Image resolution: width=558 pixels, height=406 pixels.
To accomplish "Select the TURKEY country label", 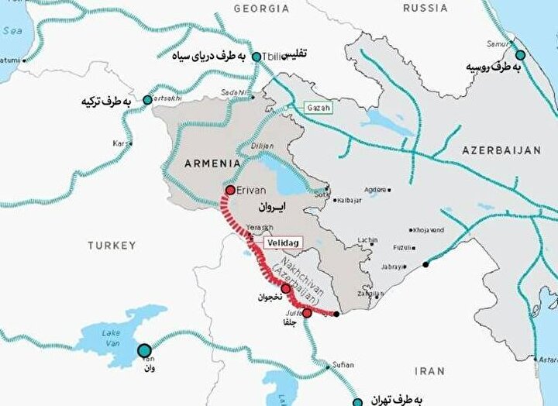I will point(111,246).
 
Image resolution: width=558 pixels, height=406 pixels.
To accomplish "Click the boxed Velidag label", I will point(282,243).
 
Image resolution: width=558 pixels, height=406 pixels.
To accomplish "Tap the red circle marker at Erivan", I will point(230,190).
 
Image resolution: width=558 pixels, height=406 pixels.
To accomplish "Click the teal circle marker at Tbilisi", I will point(257,57).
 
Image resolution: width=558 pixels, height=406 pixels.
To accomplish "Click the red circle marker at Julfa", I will point(307,313).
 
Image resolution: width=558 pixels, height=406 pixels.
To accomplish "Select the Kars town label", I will point(121,143).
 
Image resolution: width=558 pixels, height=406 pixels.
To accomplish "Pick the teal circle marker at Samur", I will point(520,55).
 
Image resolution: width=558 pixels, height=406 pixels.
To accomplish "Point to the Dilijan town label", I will point(262,144).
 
